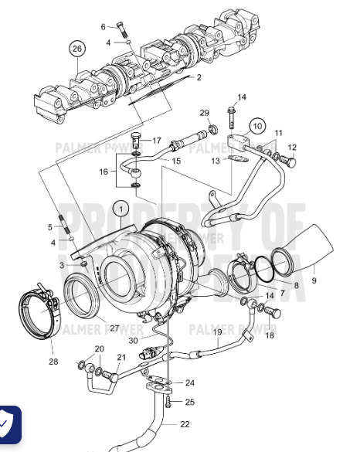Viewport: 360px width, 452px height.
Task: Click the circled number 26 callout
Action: point(76,49)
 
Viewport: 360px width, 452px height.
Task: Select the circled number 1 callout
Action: point(121,207)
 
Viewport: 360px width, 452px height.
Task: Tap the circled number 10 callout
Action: point(257,124)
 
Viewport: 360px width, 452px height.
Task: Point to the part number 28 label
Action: point(53,362)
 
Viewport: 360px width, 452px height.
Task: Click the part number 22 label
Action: point(184,423)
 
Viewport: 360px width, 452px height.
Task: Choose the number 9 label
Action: point(314,280)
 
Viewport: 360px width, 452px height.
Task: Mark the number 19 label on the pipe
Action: point(217,331)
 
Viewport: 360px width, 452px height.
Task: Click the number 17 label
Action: point(156,141)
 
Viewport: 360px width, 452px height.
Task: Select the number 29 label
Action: point(204,113)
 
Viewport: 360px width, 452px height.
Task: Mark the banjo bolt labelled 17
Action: point(136,141)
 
